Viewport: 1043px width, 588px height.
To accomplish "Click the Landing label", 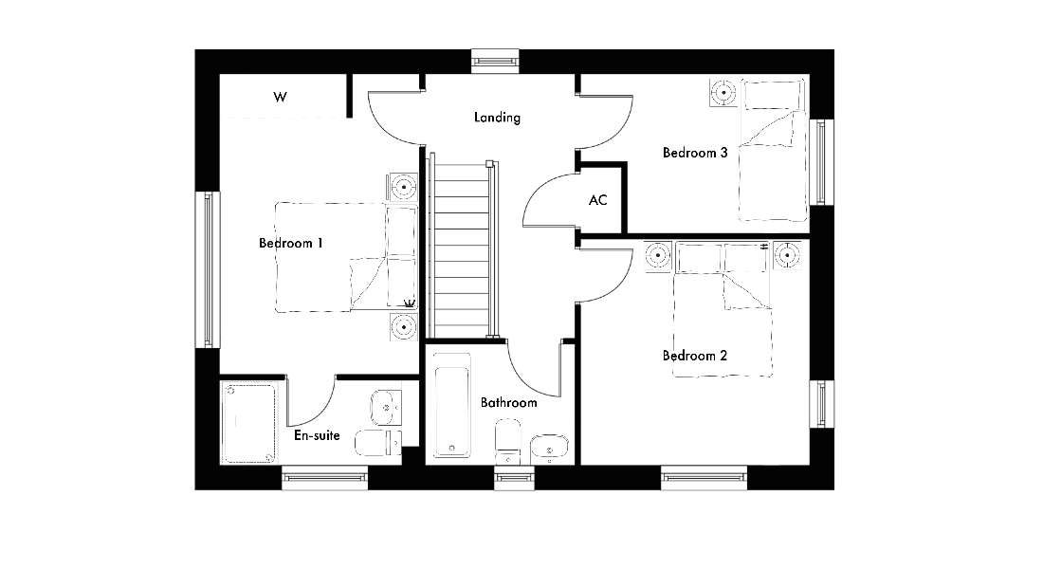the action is [497, 118].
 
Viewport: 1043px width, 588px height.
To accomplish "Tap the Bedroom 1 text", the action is [291, 244].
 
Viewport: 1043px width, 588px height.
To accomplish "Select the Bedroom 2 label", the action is [694, 356].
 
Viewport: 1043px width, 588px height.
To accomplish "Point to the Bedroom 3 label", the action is [695, 153].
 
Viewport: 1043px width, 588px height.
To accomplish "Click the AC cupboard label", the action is [598, 200].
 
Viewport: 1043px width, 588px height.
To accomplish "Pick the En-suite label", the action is [317, 435].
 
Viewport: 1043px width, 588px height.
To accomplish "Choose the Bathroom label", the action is [509, 402].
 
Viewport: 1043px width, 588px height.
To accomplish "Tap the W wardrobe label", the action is [280, 97].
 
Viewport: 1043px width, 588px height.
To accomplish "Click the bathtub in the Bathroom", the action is [452, 404].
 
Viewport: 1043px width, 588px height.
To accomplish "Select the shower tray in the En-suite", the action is [248, 422].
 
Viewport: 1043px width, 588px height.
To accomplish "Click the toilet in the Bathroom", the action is [508, 441].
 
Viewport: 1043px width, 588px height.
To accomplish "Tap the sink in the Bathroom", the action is [549, 449].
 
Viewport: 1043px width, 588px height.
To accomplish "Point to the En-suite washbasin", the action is [386, 407].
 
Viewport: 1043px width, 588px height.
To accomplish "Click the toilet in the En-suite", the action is [377, 443].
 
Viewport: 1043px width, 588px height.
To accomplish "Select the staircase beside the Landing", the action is [462, 249].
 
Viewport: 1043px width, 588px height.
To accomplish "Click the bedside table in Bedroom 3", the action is [723, 92].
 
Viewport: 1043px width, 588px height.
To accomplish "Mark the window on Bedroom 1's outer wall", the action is [208, 269].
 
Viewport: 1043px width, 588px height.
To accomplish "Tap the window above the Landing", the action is [496, 62].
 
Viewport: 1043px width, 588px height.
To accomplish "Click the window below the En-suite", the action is [324, 478].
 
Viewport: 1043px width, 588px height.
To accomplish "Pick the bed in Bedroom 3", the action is [774, 151].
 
